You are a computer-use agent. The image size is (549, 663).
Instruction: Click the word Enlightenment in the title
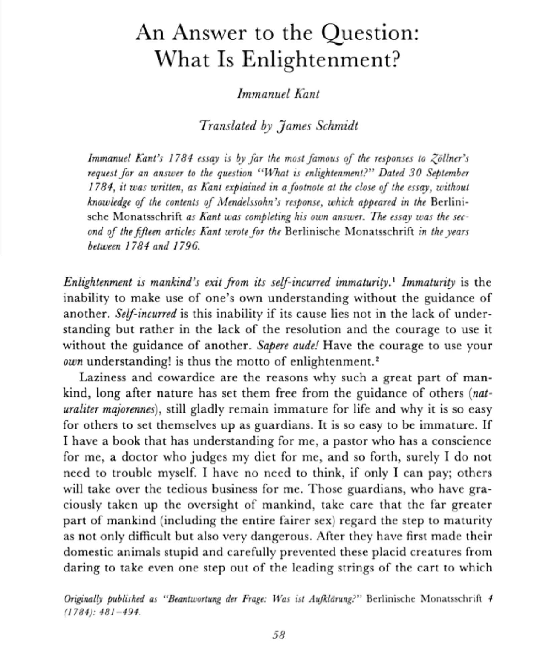pyautogui.click(x=318, y=59)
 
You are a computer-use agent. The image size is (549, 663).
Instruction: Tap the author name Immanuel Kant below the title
pyautogui.click(x=278, y=94)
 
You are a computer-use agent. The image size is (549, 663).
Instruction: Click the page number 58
pyautogui.click(x=279, y=635)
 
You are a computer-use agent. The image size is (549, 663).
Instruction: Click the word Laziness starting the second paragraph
pyautogui.click(x=102, y=378)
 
